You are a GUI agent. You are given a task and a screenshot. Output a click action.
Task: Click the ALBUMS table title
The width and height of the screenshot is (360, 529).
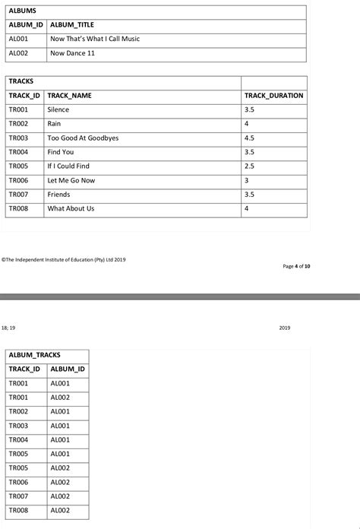tap(22, 11)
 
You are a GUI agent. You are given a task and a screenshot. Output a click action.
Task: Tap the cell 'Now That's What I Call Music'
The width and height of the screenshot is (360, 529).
tap(94, 39)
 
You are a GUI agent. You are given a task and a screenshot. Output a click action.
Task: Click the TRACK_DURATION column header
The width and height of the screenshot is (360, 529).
tap(273, 96)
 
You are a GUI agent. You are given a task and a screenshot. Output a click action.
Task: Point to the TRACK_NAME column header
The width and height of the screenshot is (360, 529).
tap(69, 96)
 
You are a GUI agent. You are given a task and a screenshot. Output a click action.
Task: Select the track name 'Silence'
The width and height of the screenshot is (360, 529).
tap(58, 109)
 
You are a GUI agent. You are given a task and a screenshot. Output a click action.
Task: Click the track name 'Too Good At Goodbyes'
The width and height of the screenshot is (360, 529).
tap(83, 138)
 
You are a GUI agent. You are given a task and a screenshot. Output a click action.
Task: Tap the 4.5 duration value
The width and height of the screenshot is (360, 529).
tap(250, 138)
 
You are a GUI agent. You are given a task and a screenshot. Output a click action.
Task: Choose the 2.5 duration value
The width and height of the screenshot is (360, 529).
tap(250, 166)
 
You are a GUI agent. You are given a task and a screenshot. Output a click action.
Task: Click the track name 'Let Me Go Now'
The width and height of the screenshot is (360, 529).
tap(71, 180)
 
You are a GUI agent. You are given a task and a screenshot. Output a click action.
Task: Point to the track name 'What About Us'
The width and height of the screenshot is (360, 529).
tap(71, 208)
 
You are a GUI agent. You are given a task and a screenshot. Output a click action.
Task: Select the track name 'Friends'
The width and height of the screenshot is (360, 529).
tap(58, 195)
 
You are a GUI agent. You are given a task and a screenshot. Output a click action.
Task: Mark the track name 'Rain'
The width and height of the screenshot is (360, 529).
tap(54, 124)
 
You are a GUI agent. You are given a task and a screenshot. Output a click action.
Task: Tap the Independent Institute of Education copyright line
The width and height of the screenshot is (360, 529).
tap(64, 259)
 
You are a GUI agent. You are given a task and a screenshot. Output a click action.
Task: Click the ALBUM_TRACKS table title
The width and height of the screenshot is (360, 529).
tap(35, 355)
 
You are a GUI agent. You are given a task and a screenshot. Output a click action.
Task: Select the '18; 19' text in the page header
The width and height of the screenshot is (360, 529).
tap(8, 328)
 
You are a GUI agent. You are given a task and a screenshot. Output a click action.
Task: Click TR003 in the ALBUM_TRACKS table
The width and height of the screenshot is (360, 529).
tap(18, 426)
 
